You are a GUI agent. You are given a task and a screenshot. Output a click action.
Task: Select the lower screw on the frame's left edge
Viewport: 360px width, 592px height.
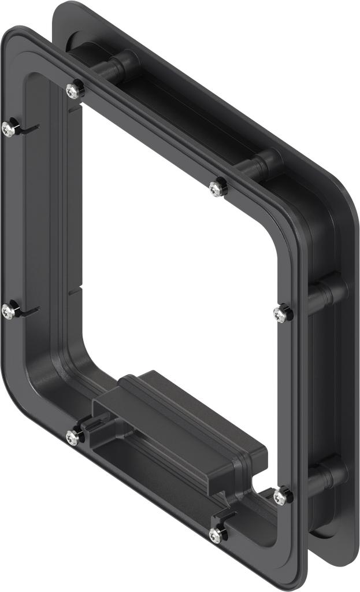8,311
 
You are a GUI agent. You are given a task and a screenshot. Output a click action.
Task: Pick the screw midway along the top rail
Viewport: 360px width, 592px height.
217,187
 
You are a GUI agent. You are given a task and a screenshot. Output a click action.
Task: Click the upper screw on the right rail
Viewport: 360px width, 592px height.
281,314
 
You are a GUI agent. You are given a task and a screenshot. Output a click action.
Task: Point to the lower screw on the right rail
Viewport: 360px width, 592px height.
281,495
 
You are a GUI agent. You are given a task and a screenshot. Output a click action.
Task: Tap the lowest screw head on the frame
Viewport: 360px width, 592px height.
217,535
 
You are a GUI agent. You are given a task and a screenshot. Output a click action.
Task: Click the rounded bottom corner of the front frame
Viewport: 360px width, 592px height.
289,578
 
